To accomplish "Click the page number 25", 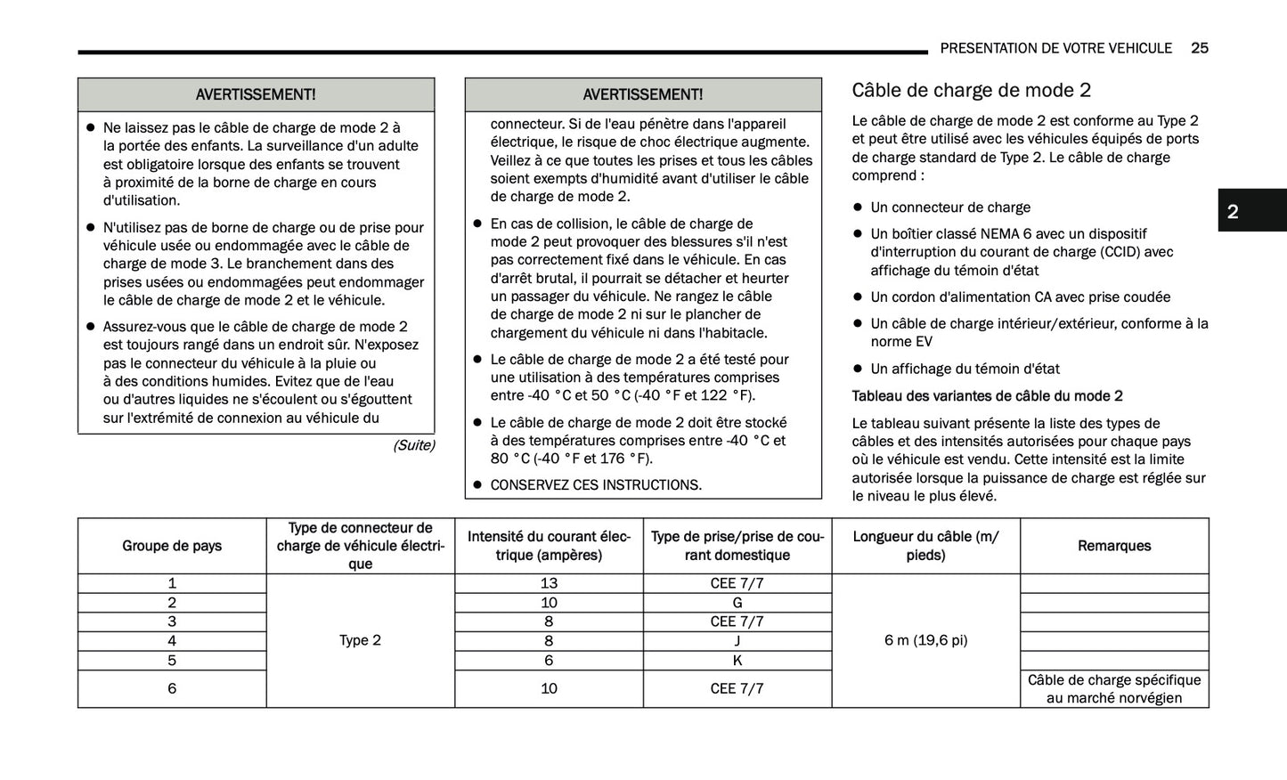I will tap(1199, 48).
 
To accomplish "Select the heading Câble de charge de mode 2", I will tap(971, 90).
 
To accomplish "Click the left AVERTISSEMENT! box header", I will tap(256, 94).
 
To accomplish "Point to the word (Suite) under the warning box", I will tap(413, 445).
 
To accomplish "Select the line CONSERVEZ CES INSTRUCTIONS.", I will tap(595, 485).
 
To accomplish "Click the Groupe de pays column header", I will tap(172, 546).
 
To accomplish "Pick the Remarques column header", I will tap(1114, 546).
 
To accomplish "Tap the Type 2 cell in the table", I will tap(360, 640).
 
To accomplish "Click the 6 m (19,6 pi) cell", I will tap(925, 640).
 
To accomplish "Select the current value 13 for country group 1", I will tap(549, 583).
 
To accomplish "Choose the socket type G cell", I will tap(737, 603).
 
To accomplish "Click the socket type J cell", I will tap(737, 641).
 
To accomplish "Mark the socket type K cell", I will tap(737, 661).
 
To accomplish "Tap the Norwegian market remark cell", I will tap(1114, 689).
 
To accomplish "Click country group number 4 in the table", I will tap(172, 641).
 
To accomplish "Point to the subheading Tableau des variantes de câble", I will tap(987, 396).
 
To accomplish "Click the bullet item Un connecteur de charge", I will tap(949, 207).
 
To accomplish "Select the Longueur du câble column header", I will tap(925, 546).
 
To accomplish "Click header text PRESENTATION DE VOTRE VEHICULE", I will tap(1055, 48).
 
